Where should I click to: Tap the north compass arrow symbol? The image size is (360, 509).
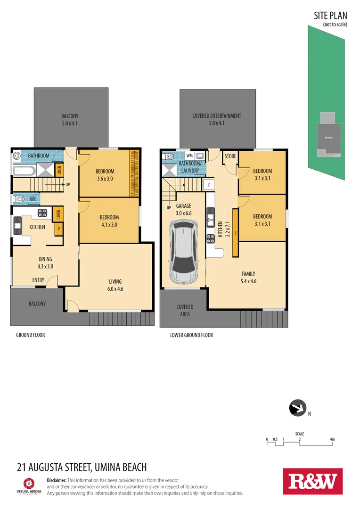297,408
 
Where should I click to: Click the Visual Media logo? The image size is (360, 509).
29,485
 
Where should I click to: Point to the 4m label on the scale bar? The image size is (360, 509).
332,439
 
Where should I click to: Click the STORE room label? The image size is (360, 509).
230,156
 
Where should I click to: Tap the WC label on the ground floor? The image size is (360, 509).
33,199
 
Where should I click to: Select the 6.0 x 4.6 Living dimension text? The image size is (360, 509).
115,289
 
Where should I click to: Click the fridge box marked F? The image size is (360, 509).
208,184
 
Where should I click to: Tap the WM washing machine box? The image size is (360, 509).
189,155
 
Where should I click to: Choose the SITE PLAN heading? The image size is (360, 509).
330,16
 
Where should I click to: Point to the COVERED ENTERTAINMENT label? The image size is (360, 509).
217,116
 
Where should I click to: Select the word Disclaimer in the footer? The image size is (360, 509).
57,480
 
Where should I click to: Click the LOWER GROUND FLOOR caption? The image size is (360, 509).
191,335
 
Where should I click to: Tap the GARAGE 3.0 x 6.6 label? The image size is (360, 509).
184,210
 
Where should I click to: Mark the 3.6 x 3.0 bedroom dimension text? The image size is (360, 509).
105,179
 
